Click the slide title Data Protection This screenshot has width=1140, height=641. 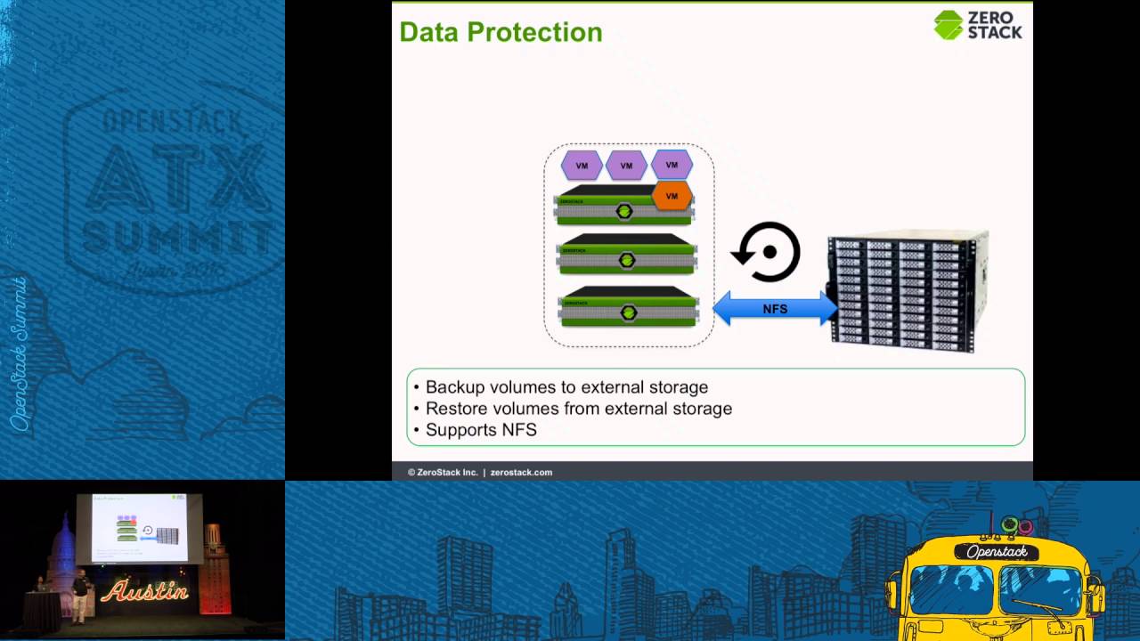(x=501, y=32)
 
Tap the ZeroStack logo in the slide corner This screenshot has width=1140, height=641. (x=977, y=25)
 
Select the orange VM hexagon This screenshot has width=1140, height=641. (x=672, y=196)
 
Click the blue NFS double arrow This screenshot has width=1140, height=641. (x=775, y=309)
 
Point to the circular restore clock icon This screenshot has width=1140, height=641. (x=768, y=252)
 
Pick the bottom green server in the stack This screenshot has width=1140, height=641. (x=627, y=306)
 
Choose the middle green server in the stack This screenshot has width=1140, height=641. (x=627, y=254)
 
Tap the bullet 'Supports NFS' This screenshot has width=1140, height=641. (x=481, y=430)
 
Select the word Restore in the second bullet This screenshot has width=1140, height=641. (x=455, y=409)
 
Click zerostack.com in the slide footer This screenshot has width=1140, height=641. (x=521, y=472)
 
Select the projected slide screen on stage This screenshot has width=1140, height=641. (x=140, y=528)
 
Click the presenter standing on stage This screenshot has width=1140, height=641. (x=80, y=595)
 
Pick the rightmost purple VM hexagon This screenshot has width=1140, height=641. (x=672, y=165)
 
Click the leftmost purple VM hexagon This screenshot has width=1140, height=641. (x=582, y=166)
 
